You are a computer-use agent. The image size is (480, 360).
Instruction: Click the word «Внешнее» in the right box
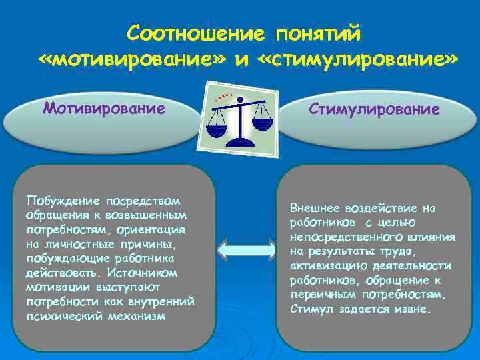pyautogui.click(x=313, y=207)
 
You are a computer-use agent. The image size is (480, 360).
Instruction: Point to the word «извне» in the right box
pyautogui.click(x=413, y=309)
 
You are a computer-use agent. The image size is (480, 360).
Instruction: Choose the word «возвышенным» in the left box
pyautogui.click(x=154, y=215)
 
